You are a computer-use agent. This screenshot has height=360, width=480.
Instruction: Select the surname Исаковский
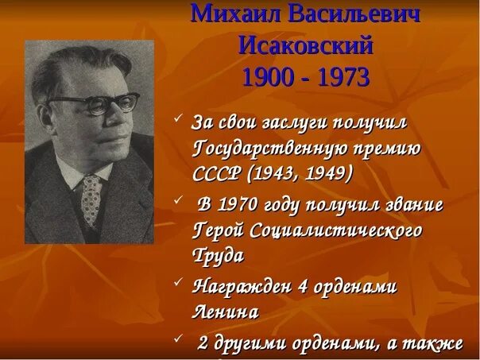point(306,45)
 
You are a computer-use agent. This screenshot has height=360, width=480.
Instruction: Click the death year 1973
point(343,78)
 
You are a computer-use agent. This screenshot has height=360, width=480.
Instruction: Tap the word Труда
point(217,256)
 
